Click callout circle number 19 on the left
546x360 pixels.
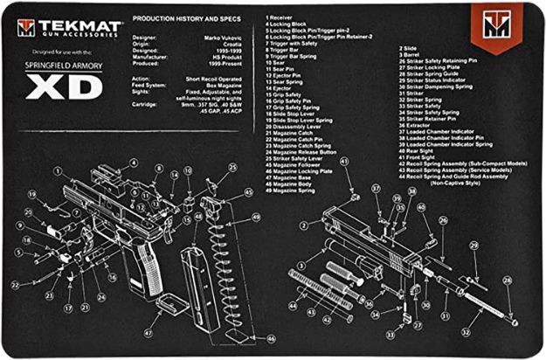pos(31,194)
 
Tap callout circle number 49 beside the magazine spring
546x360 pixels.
pos(256,217)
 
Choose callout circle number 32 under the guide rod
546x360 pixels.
pos(466,332)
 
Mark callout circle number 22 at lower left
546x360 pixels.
pos(15,285)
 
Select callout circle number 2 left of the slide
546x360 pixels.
pos(304,225)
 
